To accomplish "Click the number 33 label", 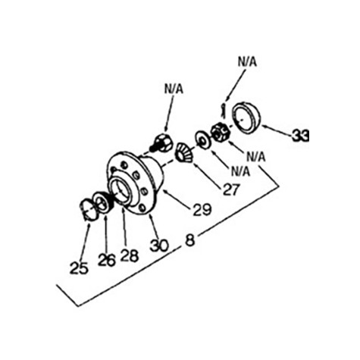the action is click(x=301, y=135).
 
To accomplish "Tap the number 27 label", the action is click(x=231, y=189).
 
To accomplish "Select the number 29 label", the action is click(x=202, y=209).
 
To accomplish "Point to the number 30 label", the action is click(x=159, y=245).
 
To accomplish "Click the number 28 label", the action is click(x=130, y=255).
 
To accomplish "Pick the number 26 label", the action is click(x=107, y=260).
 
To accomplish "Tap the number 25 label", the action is click(x=79, y=268).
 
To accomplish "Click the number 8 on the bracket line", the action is click(x=190, y=240).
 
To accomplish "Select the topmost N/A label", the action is click(x=247, y=62).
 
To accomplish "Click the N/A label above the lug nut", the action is click(x=174, y=89).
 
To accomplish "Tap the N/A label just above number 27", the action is click(x=240, y=171).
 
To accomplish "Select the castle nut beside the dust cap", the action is click(x=220, y=133).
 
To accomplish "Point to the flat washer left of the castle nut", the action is click(x=202, y=140).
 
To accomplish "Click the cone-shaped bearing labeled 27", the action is click(x=184, y=152).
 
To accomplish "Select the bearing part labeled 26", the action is click(x=103, y=203).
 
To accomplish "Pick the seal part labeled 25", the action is click(x=87, y=209).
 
